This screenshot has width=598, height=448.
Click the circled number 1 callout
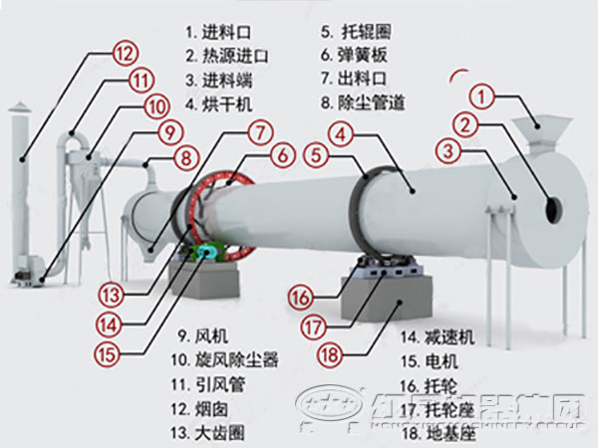click(482, 97)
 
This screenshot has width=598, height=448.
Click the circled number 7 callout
click(258, 131)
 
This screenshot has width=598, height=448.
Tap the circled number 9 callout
click(169, 129)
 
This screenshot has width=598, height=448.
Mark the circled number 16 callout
click(301, 296)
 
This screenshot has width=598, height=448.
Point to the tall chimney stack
click(21, 189)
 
